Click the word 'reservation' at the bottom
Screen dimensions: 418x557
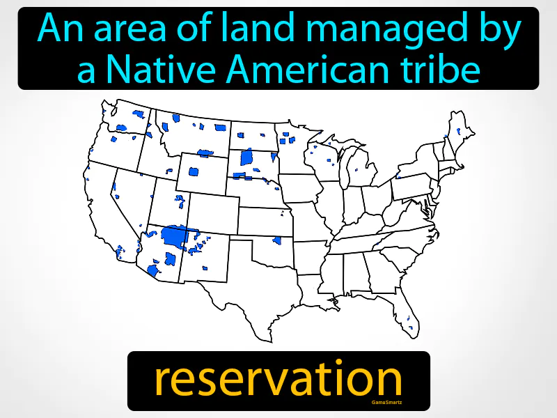(278, 380)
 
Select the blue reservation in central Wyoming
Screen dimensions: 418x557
(193, 171)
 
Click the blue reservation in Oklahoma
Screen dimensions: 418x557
(277, 240)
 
